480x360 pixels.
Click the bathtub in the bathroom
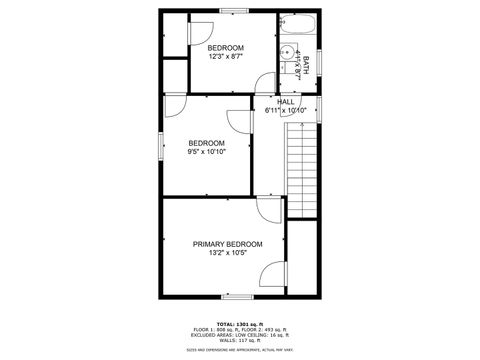point(297,27)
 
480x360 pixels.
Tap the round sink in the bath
point(290,52)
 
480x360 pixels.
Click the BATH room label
point(305,66)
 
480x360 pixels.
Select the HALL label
point(286,101)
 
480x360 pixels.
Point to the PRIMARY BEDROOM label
point(228,244)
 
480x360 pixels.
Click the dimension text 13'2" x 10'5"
point(228,254)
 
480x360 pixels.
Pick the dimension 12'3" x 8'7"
point(226,57)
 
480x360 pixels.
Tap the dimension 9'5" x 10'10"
point(207,152)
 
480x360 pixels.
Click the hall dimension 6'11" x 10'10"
point(286,110)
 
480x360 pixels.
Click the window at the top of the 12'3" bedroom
point(234,11)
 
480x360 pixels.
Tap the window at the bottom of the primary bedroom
point(236,297)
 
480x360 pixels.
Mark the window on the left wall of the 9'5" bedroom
point(162,145)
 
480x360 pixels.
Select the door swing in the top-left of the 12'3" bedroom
point(200,32)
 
